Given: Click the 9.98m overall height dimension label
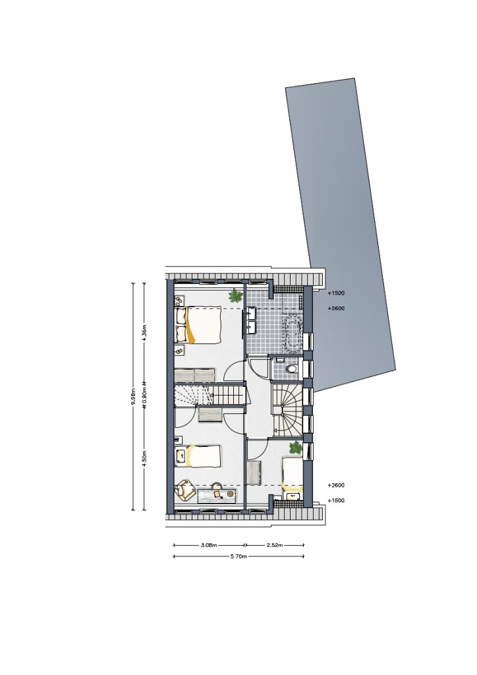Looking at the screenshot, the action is (x=133, y=397).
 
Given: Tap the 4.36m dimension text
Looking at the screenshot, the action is (x=144, y=333).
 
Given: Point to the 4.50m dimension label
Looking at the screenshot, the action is (x=144, y=458).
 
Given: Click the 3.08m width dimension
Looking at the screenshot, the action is (x=209, y=545).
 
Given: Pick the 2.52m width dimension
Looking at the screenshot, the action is (x=275, y=545).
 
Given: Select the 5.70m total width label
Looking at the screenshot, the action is (x=238, y=556).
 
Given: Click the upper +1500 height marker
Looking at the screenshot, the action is (x=336, y=293).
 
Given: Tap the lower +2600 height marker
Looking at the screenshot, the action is (x=336, y=486).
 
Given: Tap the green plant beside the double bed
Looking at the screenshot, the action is (x=235, y=295).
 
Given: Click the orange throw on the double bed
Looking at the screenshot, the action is (x=190, y=326).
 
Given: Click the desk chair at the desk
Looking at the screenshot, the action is (x=217, y=488).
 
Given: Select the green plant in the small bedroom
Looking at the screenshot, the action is (x=296, y=448).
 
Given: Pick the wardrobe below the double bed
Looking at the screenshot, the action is (x=195, y=374).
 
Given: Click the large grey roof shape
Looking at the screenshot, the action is (x=340, y=233).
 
